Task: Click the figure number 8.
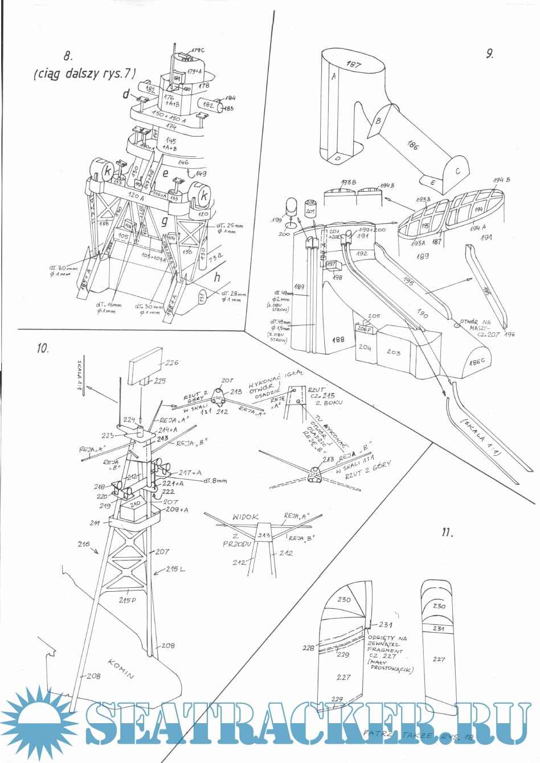(68, 56)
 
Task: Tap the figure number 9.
(489, 54)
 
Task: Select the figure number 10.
(43, 348)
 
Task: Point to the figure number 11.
(447, 533)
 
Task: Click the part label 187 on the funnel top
(354, 64)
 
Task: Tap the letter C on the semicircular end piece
(457, 171)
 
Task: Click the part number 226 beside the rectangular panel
(171, 362)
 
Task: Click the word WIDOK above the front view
(246, 517)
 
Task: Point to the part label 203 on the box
(394, 352)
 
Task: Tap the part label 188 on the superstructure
(338, 339)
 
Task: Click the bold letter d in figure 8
(126, 94)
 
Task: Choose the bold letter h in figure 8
(217, 278)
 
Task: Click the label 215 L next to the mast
(175, 570)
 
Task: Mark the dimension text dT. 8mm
(214, 481)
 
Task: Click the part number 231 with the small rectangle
(386, 624)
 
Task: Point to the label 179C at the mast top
(197, 51)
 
